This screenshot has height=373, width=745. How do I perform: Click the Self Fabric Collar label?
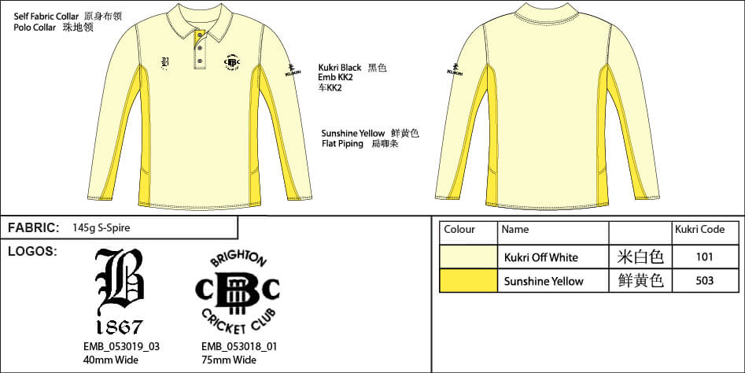pos(46,16)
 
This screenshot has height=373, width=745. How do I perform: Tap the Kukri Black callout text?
pos(340,68)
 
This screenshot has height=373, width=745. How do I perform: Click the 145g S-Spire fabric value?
pos(100,228)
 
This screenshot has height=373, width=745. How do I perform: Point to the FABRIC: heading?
pos(33,228)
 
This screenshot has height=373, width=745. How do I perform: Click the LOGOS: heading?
pos(32,251)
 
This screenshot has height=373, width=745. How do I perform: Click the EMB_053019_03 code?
pos(121,346)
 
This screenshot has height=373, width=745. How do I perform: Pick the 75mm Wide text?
pos(229,360)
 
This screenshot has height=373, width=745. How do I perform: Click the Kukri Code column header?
pos(699,230)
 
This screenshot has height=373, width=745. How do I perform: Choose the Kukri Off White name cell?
pos(540,257)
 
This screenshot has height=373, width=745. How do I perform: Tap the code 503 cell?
pos(705,281)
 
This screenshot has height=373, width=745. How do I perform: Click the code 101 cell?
pos(705,257)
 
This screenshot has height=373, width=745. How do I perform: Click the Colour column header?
pos(459,230)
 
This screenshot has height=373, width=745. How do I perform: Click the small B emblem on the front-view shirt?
pos(165,63)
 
